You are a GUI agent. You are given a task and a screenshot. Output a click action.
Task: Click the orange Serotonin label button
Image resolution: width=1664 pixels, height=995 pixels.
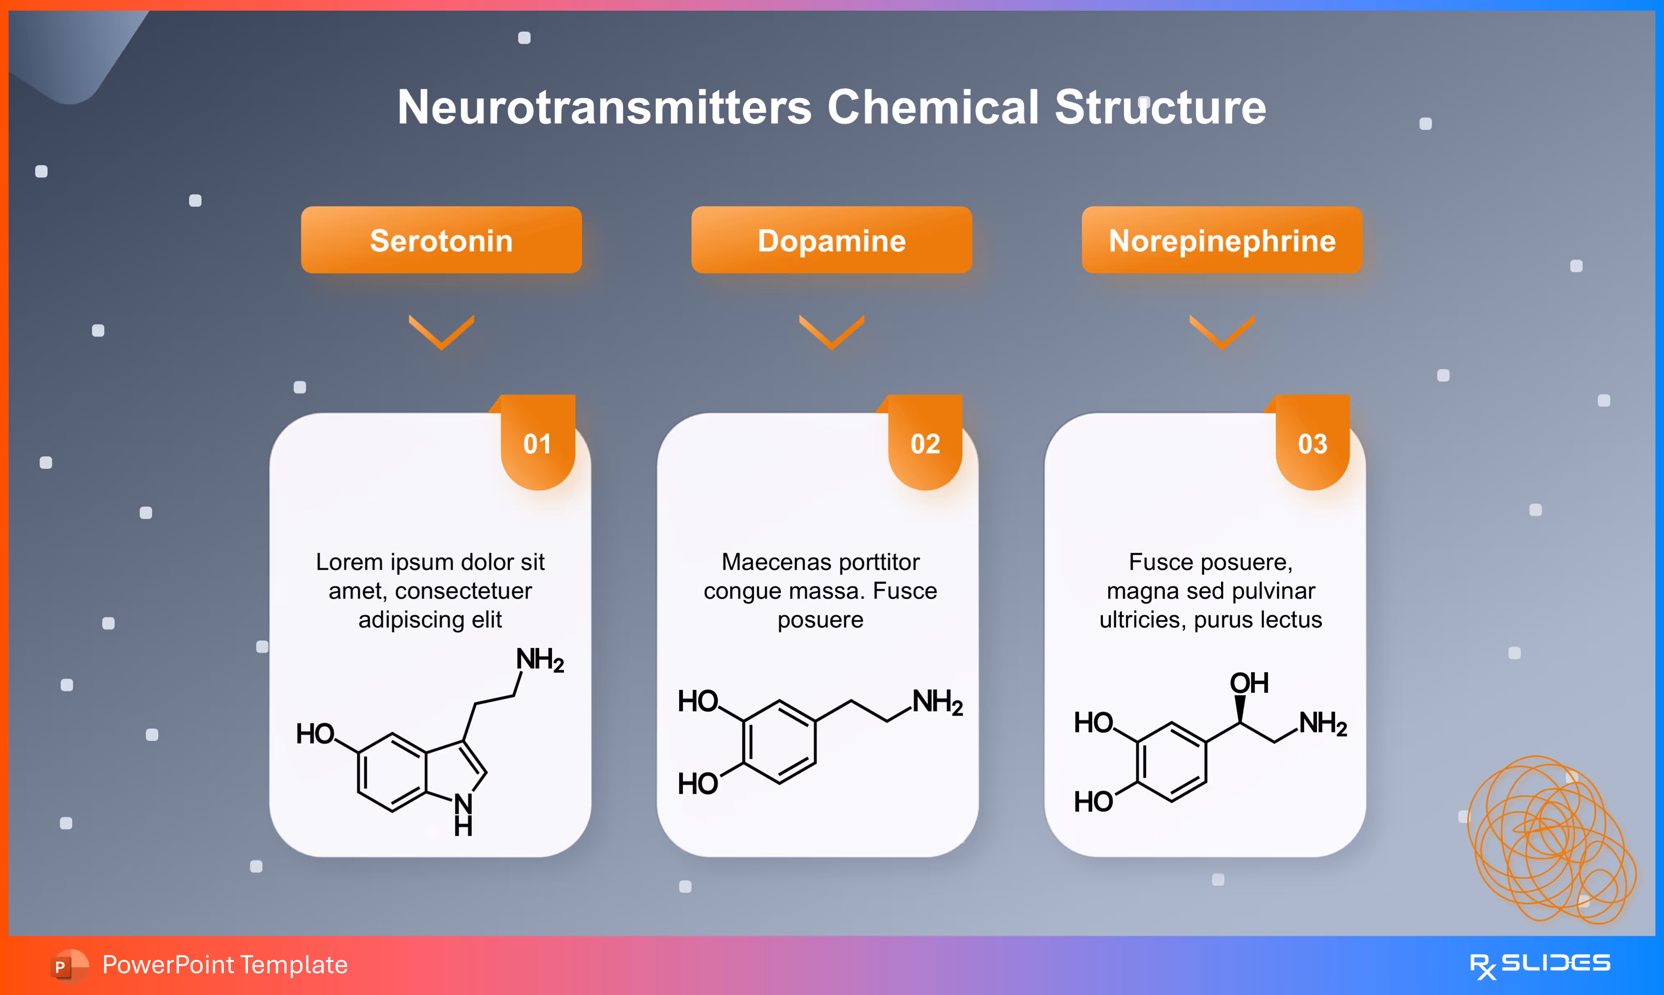[x=441, y=240]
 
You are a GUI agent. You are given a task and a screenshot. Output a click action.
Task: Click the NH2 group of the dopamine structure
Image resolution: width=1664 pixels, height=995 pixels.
[x=937, y=702]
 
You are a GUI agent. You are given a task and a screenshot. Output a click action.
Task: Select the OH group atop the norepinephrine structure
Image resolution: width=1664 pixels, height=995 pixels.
[x=1249, y=683]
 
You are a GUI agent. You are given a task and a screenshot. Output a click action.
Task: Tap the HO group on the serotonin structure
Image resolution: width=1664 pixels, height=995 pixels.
[x=315, y=733]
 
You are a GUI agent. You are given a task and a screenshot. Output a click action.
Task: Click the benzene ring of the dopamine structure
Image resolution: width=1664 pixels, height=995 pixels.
[x=779, y=742]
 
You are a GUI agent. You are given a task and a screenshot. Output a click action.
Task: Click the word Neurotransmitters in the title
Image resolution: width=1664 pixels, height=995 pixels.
[x=604, y=107]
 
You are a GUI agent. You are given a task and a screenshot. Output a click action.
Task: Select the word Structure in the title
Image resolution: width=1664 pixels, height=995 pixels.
[x=1160, y=107]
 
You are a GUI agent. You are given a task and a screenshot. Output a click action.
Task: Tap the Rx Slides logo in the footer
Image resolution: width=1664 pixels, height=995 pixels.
[x=1539, y=965]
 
